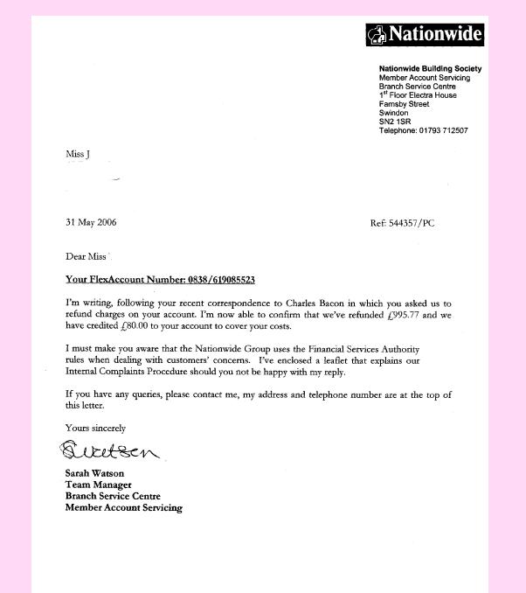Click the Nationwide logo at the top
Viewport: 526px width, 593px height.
coord(424,35)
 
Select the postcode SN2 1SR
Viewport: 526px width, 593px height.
coord(393,122)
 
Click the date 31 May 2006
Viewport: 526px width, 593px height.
coord(91,222)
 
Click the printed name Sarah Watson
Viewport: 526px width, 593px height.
coord(94,474)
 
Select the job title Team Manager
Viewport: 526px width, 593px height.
coord(98,485)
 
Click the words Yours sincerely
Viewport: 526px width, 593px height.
coord(95,429)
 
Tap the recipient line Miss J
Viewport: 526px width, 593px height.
coord(78,155)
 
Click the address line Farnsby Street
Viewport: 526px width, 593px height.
coord(404,104)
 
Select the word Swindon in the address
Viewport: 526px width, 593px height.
coord(393,113)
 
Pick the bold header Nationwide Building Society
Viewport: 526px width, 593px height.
coord(430,69)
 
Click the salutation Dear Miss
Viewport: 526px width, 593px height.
coord(86,257)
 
